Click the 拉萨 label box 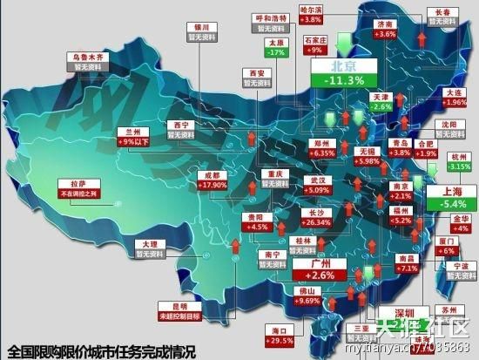(x=78, y=188)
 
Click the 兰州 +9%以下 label (x=138, y=136)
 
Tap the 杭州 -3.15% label (x=458, y=162)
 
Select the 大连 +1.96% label (x=454, y=97)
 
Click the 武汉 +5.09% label (x=316, y=185)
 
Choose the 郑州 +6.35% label (x=320, y=148)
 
